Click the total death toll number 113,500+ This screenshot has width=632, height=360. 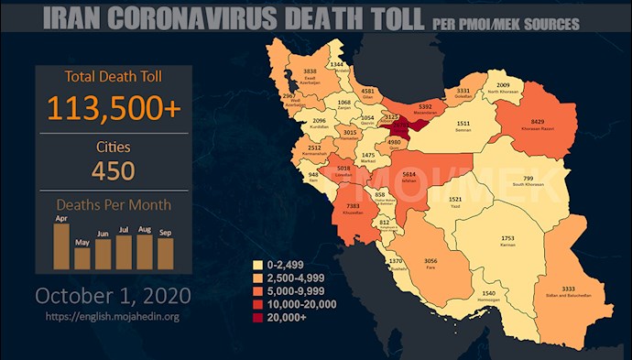click(x=113, y=109)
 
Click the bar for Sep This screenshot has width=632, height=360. click(x=165, y=253)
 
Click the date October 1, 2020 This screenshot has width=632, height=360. click(x=113, y=296)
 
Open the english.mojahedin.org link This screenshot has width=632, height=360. click(x=113, y=317)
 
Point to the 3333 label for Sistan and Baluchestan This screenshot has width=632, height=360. click(x=569, y=289)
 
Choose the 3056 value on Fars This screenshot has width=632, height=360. click(x=430, y=261)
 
